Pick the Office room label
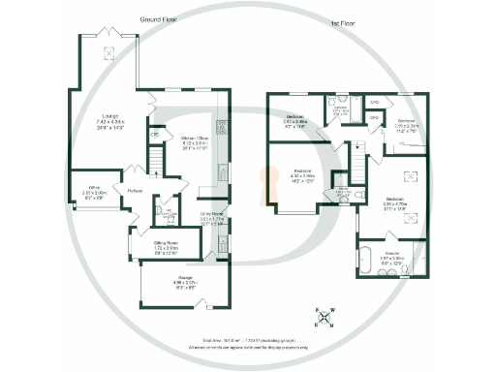click(94, 192)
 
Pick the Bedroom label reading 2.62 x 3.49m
click(296, 122)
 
